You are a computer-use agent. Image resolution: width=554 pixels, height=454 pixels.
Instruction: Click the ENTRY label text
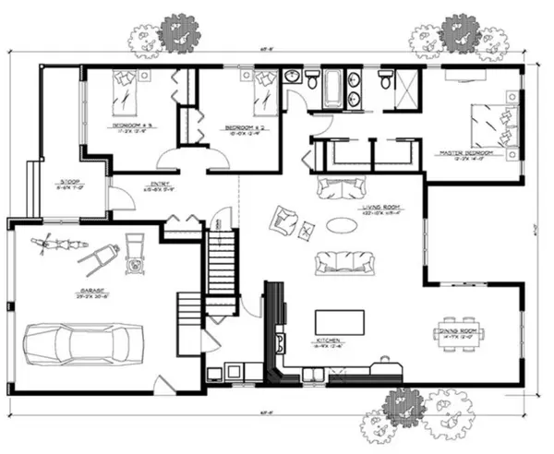138,183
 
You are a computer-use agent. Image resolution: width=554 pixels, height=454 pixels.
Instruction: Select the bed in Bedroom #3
124,90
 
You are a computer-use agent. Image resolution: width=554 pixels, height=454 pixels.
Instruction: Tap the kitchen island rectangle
339,322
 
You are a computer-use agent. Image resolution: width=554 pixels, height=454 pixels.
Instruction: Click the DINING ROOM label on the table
459,335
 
